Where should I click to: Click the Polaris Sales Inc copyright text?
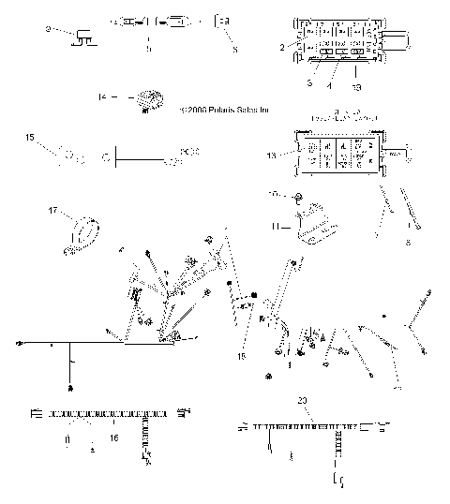tap(225, 110)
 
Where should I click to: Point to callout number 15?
tap(29, 138)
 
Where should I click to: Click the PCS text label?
tap(190, 149)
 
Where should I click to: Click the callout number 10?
tap(272, 196)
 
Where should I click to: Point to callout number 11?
tap(275, 226)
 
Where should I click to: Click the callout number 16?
tap(114, 436)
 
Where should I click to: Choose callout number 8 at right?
tap(407, 241)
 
